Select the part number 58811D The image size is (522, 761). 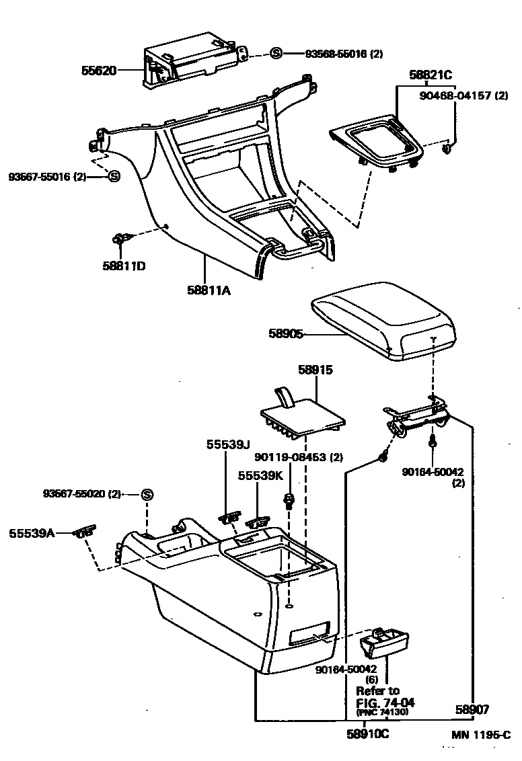coord(124,266)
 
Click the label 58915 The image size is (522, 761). coord(315,370)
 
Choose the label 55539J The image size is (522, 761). coord(228,444)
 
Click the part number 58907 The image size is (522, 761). coord(472,709)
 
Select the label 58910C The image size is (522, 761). coord(367,734)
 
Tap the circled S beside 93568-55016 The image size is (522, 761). coord(276,54)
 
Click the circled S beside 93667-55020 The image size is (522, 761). coord(147,495)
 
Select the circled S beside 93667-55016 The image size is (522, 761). coord(114,176)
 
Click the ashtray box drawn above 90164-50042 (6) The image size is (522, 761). coord(385,642)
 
